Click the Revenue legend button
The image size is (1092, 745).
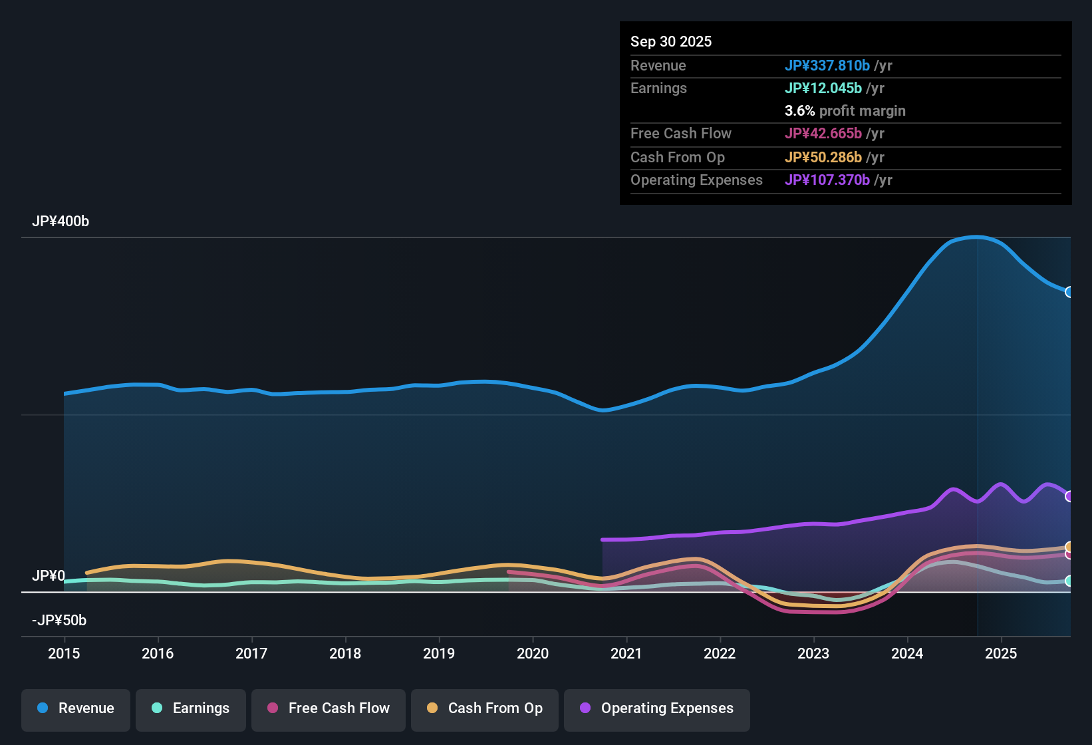click(x=76, y=708)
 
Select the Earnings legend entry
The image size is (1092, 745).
click(x=191, y=708)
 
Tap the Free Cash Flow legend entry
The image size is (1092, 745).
click(x=329, y=708)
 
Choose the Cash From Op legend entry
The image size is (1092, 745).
click(x=485, y=708)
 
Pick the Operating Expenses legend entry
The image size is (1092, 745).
click(x=657, y=708)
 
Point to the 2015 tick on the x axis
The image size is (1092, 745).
click(x=64, y=653)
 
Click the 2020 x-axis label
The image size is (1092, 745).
click(x=533, y=653)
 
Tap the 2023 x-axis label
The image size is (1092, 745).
click(x=813, y=653)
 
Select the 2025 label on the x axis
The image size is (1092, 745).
click(x=1001, y=653)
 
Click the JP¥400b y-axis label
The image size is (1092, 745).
click(x=61, y=222)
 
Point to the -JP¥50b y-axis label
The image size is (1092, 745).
click(x=59, y=621)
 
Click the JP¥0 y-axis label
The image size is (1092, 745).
click(x=49, y=576)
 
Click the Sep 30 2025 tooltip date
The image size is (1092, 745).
click(x=671, y=41)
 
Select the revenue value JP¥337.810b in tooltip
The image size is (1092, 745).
click(x=827, y=65)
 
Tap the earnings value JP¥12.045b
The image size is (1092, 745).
click(x=823, y=88)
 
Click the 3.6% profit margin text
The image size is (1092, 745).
click(x=845, y=110)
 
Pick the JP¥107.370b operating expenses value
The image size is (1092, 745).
click(x=827, y=180)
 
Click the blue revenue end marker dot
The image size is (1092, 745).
click(x=1069, y=292)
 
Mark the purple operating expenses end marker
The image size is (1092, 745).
click(x=1069, y=496)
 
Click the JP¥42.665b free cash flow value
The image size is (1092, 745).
click(x=823, y=133)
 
